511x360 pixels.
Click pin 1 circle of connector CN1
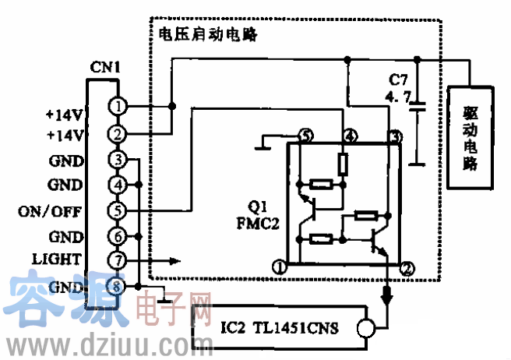tap(117, 105)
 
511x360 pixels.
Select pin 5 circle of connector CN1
tap(117, 210)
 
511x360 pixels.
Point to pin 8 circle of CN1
tap(117, 286)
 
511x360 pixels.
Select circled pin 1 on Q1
tap(278, 268)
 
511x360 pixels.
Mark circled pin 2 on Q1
tap(406, 268)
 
